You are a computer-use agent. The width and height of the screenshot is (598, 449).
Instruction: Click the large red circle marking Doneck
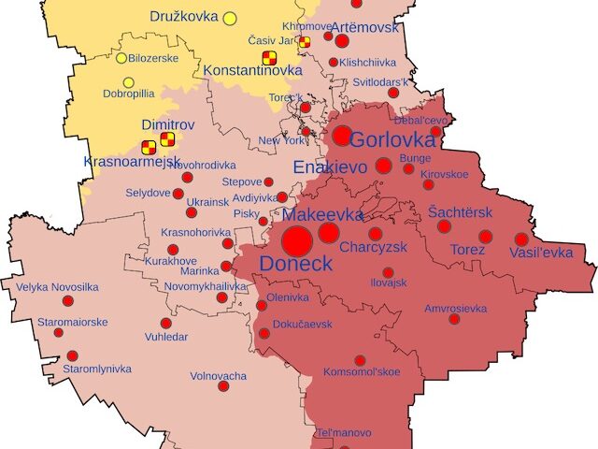297,241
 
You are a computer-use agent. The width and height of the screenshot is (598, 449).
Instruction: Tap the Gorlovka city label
392,140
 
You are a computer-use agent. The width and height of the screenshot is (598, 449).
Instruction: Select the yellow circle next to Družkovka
230,18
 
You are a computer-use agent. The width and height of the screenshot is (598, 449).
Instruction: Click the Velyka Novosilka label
58,287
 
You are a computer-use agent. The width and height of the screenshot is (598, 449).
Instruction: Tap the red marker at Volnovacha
223,386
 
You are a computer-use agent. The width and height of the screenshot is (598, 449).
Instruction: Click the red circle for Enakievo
383,167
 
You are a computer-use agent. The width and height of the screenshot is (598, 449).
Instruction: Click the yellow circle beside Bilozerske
121,58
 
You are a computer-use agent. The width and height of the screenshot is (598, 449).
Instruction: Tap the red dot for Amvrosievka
454,319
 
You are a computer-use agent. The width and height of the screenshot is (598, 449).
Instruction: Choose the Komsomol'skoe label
361,372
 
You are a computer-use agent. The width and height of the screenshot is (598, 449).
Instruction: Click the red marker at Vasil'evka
521,239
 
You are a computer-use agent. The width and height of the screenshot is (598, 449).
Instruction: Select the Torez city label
467,251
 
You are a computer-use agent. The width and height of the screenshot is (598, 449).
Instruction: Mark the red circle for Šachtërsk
444,226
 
